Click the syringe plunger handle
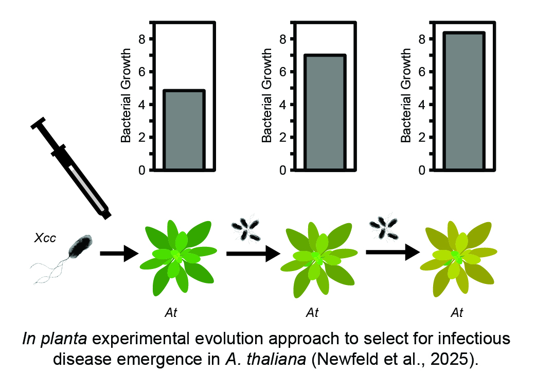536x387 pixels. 38,123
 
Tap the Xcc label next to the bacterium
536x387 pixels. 45,238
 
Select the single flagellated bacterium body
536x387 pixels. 80,246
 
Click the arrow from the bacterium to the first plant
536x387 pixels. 119,254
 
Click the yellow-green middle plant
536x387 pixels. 319,259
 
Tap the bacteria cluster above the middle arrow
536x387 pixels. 245,228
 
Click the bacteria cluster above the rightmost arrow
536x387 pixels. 384,227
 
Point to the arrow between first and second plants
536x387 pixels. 253,254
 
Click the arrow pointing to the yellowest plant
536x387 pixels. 393,253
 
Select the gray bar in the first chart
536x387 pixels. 184,130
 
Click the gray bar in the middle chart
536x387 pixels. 325,112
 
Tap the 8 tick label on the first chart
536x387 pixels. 141,39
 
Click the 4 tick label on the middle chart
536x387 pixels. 282,105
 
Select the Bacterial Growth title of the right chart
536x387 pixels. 406,95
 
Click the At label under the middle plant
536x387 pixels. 312,313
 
